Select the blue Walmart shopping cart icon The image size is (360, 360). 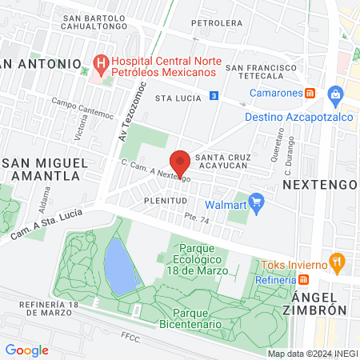coord(256,201)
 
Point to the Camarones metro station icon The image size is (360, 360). coord(311,93)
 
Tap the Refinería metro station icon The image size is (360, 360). coord(303,279)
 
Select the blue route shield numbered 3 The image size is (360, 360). coord(214,95)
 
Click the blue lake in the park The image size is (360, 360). coord(117,265)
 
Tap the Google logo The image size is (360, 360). coord(27,350)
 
